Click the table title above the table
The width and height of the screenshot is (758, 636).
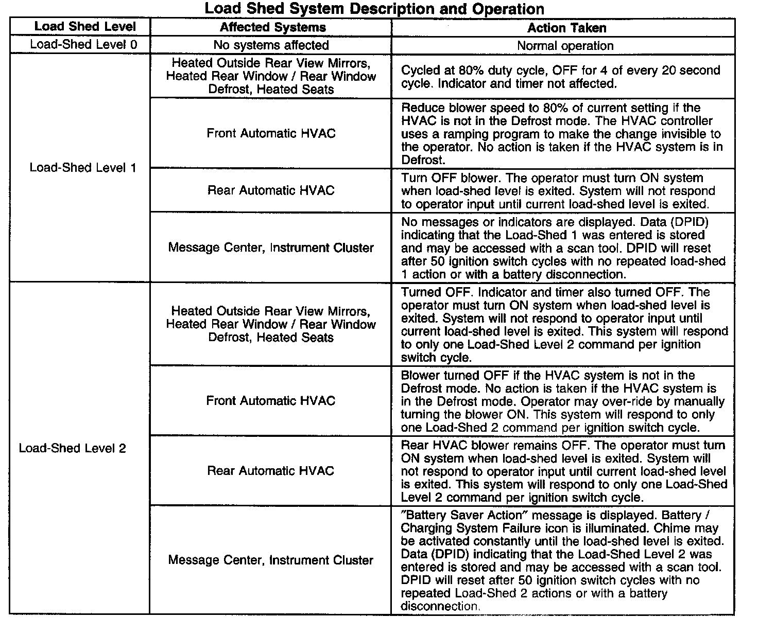point(374,9)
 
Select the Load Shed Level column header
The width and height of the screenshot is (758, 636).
point(85,27)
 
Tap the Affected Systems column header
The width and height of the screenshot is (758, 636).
point(273,27)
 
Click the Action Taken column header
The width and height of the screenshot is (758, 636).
point(566,28)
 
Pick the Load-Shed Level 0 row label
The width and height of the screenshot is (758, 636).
point(83,44)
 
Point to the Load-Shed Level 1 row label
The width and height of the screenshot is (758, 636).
point(82,168)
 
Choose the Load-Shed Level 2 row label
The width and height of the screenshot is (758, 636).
point(73,448)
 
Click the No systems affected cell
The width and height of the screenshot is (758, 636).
point(271,45)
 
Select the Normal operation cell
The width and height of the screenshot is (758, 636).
point(565,46)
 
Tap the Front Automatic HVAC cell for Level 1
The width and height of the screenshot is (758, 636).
point(271,134)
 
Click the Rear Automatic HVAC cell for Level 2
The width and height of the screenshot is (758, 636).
point(270,471)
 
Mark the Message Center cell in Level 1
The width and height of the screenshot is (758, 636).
point(271,248)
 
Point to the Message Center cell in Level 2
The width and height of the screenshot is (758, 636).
point(270,560)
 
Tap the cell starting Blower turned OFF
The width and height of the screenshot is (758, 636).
point(562,401)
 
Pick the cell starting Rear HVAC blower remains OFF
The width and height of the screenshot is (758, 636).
point(563,471)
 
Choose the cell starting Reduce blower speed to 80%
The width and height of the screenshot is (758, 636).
point(561,134)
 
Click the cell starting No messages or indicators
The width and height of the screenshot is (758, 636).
point(563,248)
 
